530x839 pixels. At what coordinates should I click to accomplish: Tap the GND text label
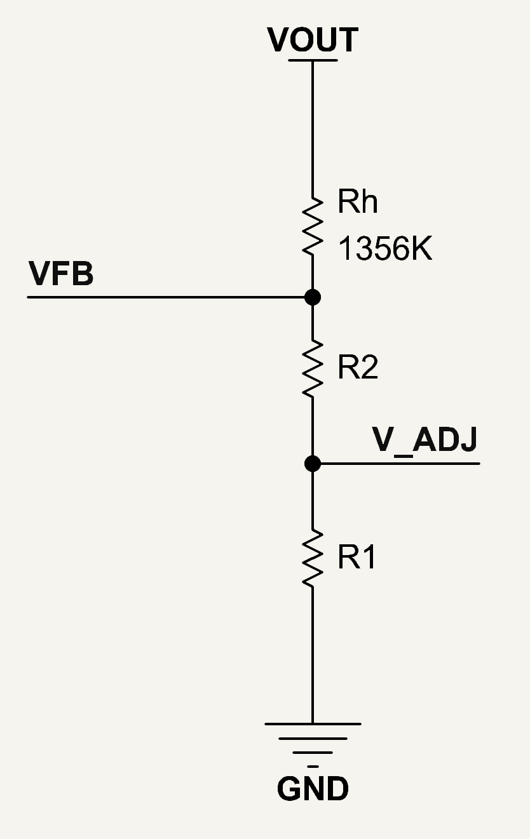click(313, 788)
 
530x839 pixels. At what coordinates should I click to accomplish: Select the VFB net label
click(61, 274)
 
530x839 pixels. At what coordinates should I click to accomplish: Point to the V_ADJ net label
click(425, 441)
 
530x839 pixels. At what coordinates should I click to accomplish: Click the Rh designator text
click(358, 201)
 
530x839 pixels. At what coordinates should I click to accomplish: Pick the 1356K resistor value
click(385, 248)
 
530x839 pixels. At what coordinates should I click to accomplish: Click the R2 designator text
click(358, 366)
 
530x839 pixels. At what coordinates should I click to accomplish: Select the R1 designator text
click(357, 556)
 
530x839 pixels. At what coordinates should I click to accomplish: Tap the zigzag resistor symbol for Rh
click(313, 227)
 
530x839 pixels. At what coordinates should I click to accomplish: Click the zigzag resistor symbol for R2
click(313, 368)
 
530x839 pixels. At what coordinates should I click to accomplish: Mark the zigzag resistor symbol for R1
click(313, 558)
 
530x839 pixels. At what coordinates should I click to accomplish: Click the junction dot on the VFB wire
click(313, 297)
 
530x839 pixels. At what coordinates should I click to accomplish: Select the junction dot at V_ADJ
click(313, 464)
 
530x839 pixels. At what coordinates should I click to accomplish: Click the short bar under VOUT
click(313, 60)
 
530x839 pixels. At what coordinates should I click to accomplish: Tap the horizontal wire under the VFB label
click(166, 297)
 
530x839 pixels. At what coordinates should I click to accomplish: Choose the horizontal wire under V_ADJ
click(400, 464)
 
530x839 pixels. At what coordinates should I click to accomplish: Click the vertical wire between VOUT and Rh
click(313, 130)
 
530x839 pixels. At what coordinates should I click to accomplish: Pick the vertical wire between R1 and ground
click(313, 655)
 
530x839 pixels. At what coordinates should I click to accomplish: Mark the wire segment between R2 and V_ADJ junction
click(313, 427)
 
